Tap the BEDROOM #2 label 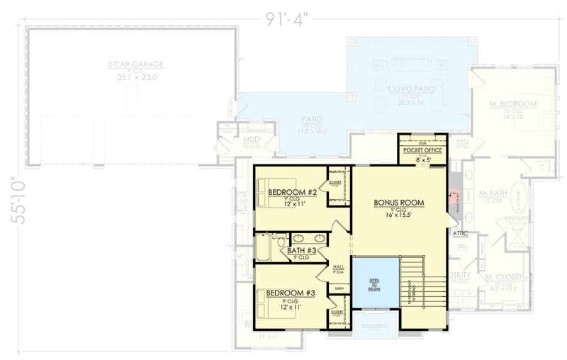tap(291, 192)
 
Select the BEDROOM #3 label tap(291, 292)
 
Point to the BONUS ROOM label tap(399, 203)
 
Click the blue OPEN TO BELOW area tap(376, 283)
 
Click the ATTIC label tap(460, 232)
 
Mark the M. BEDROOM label tap(512, 104)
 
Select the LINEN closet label tap(339, 288)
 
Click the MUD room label tap(251, 140)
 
